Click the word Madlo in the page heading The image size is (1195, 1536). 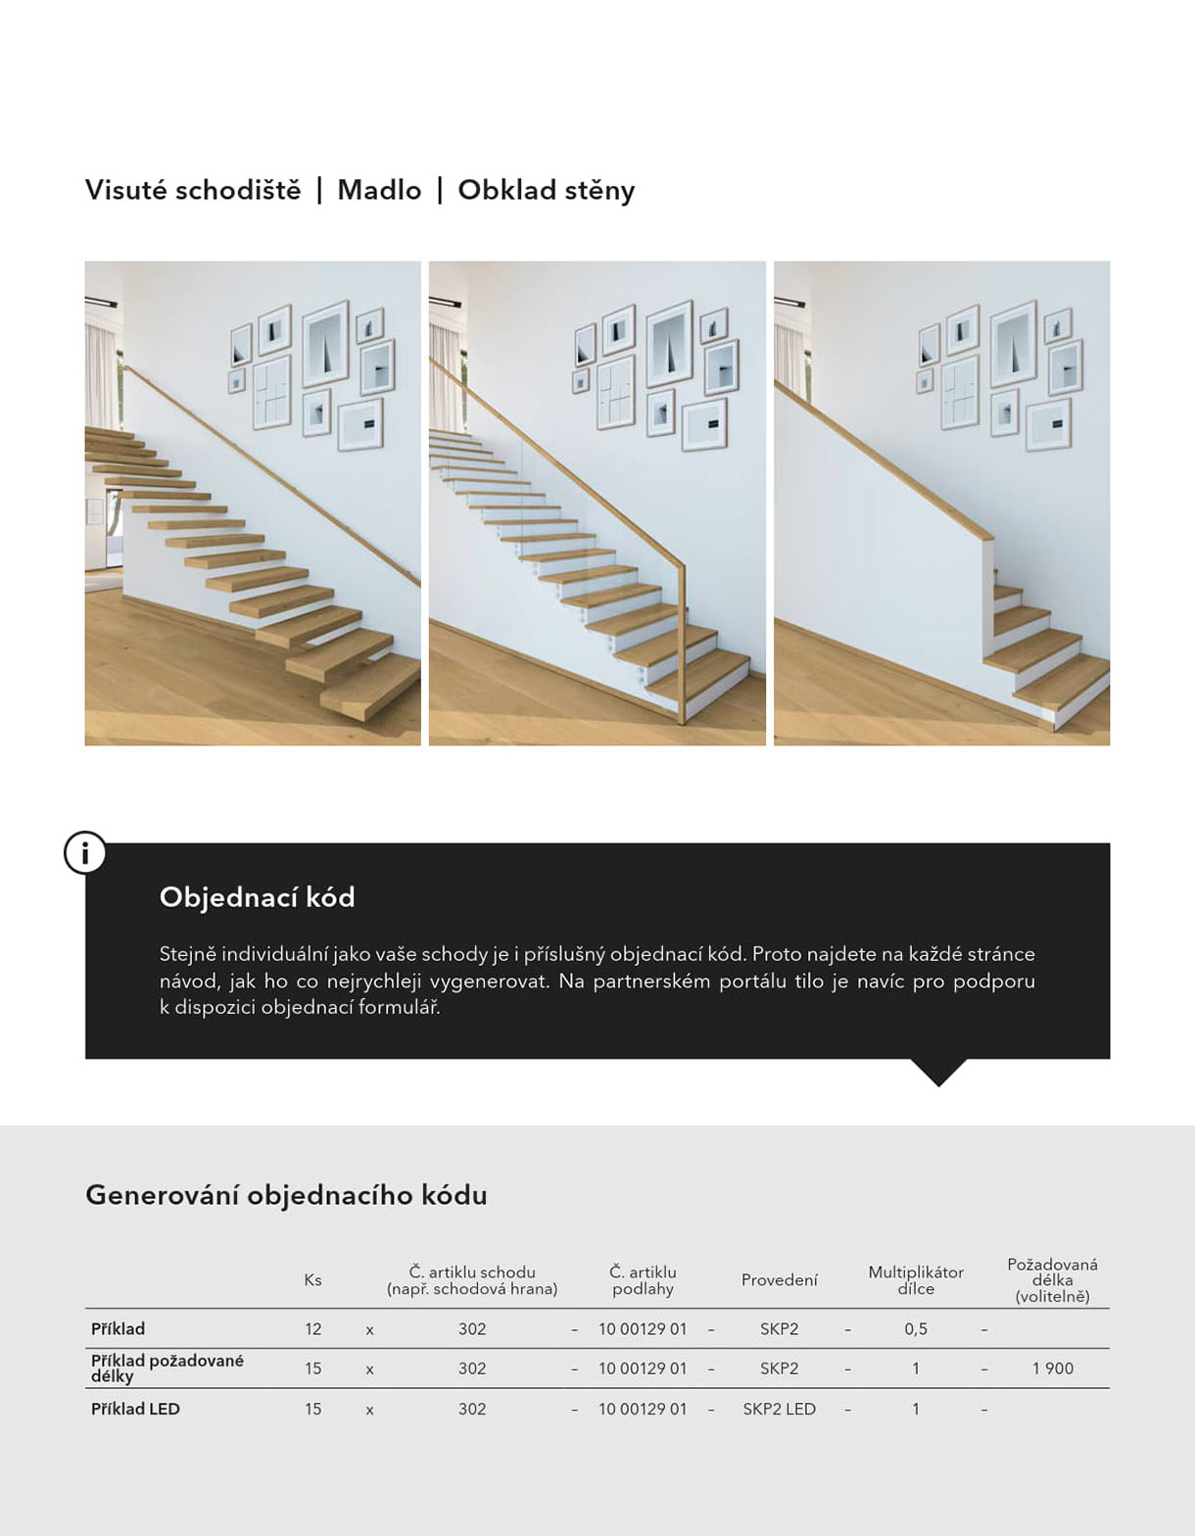click(x=379, y=190)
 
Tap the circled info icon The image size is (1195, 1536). click(x=85, y=853)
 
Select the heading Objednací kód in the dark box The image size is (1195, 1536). click(x=257, y=897)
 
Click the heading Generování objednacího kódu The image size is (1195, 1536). click(x=286, y=1195)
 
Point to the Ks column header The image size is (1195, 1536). click(x=312, y=1280)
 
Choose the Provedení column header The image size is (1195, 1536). click(x=779, y=1280)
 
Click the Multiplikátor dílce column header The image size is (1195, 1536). click(x=915, y=1280)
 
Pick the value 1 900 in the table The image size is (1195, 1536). click(x=1052, y=1368)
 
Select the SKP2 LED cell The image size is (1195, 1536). click(x=779, y=1409)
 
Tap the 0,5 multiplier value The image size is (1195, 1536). click(x=915, y=1329)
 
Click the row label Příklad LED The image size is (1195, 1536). click(x=135, y=1409)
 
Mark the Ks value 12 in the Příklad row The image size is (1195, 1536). click(x=312, y=1329)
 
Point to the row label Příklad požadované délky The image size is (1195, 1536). click(x=167, y=1368)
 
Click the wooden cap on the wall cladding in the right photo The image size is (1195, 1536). click(x=882, y=460)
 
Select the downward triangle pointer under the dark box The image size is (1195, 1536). click(x=938, y=1072)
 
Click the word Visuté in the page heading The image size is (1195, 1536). click(x=125, y=190)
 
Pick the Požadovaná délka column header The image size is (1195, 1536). click(x=1052, y=1280)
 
